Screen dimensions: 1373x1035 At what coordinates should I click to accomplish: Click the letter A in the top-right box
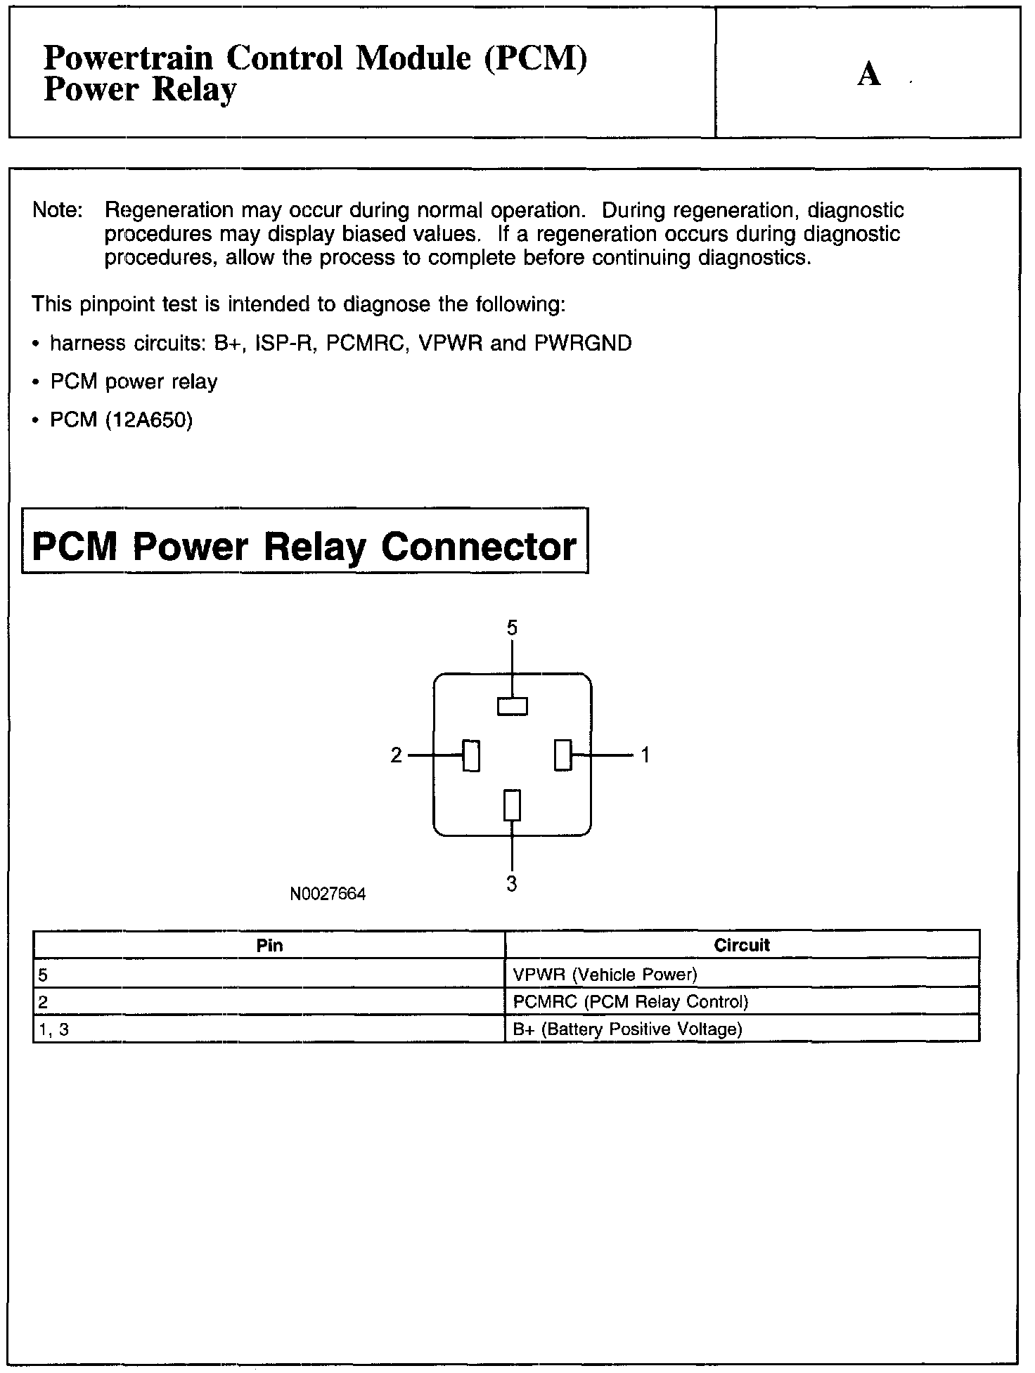click(869, 74)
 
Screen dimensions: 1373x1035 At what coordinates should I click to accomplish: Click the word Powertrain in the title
click(128, 58)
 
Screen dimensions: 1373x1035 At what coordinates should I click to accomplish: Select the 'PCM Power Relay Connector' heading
click(304, 546)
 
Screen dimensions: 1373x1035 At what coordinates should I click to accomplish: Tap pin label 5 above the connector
click(512, 627)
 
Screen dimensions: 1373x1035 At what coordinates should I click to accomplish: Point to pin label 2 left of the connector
click(397, 755)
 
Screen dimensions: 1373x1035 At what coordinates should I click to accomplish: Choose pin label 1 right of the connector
click(645, 755)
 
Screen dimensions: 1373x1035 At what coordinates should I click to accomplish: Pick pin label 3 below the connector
click(512, 883)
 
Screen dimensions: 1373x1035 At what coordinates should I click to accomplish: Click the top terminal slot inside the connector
click(513, 706)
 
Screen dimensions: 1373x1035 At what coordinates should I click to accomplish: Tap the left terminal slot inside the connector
click(471, 756)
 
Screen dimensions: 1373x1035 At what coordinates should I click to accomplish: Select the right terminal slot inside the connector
click(562, 755)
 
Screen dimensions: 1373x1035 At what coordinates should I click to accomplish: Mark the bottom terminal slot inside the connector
click(513, 805)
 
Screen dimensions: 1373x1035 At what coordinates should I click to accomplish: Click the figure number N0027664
click(328, 894)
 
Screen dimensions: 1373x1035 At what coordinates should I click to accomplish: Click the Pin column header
click(270, 945)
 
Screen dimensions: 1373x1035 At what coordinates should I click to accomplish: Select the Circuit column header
click(742, 945)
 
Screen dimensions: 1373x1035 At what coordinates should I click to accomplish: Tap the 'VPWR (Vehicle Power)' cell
click(605, 974)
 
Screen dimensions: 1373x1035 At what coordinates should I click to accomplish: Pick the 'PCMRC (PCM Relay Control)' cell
click(631, 1001)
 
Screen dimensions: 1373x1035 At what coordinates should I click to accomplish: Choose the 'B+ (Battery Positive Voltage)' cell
click(628, 1029)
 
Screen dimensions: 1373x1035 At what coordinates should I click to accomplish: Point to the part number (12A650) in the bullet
click(148, 419)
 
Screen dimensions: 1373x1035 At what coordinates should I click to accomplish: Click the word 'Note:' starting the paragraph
click(58, 210)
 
